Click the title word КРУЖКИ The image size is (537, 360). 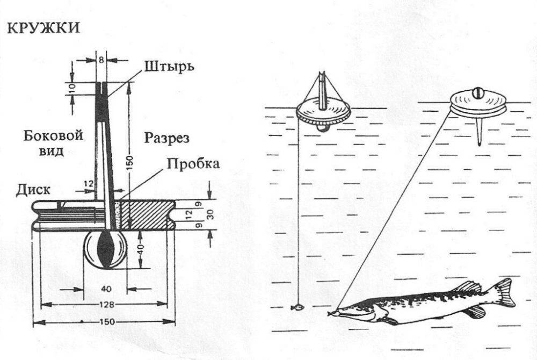43,27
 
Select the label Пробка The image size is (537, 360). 193,163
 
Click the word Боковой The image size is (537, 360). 53,136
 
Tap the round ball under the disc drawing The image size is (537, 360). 106,251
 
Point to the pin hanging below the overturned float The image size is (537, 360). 478,132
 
